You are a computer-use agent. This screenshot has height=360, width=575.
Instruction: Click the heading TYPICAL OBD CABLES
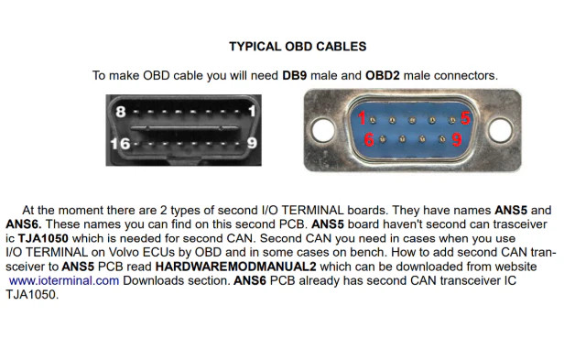pyautogui.click(x=298, y=47)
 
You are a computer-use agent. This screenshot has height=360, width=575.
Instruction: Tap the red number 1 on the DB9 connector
pyautogui.click(x=362, y=118)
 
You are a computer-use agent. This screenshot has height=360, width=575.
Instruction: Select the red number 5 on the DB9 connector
pyautogui.click(x=465, y=118)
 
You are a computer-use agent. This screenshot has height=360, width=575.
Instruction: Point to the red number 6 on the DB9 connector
pyautogui.click(x=369, y=139)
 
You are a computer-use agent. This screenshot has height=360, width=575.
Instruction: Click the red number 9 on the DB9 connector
pyautogui.click(x=457, y=139)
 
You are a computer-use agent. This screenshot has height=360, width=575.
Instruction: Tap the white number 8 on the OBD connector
pyautogui.click(x=121, y=112)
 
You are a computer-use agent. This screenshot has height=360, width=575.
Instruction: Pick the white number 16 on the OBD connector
pyautogui.click(x=120, y=144)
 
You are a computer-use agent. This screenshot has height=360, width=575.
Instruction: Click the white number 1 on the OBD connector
pyautogui.click(x=252, y=111)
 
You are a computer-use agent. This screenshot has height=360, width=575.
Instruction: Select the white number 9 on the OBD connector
pyautogui.click(x=252, y=142)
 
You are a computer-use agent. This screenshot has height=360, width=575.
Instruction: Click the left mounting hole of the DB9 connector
pyautogui.click(x=322, y=129)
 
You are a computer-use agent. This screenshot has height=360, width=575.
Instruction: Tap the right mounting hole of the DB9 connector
pyautogui.click(x=501, y=129)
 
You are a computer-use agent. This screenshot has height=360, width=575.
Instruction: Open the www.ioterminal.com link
pyautogui.click(x=64, y=280)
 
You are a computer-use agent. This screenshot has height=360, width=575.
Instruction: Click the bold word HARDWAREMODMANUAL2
pyautogui.click(x=236, y=267)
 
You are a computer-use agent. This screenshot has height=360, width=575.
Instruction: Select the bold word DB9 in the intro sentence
pyautogui.click(x=295, y=76)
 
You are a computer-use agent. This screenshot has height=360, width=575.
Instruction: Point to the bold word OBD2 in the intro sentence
pyautogui.click(x=383, y=76)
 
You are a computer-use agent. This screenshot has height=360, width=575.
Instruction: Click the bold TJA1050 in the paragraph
pyautogui.click(x=43, y=238)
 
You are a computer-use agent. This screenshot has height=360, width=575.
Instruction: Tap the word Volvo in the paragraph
pyautogui.click(x=124, y=253)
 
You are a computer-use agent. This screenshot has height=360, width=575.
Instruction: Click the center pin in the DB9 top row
pyautogui.click(x=412, y=120)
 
